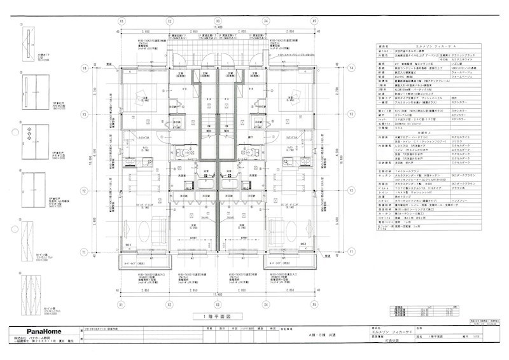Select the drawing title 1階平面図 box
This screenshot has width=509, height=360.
coord(216,315)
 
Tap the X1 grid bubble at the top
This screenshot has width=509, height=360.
coord(120,20)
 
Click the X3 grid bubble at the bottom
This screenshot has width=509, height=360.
coord(217,304)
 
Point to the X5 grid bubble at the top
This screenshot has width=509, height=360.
coord(314,20)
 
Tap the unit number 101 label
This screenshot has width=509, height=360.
coord(128,243)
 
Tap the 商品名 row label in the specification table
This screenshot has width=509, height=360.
coord(383,46)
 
